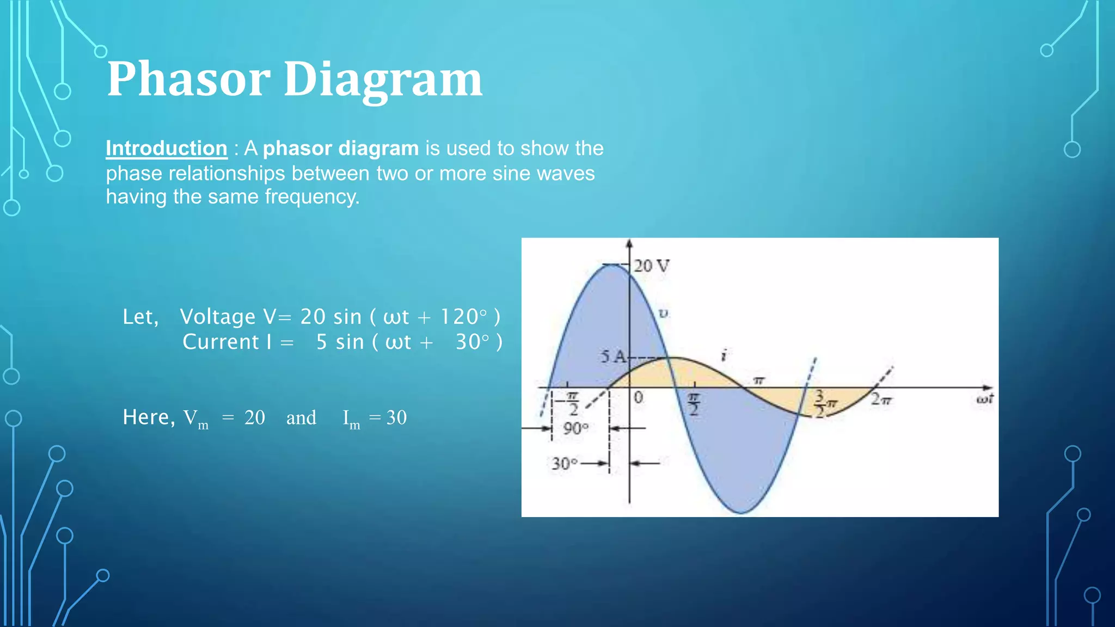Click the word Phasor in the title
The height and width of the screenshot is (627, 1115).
(188, 79)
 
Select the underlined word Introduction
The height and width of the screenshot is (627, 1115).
(167, 148)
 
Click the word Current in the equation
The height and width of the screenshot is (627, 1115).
(220, 342)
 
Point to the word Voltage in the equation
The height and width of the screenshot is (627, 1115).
(217, 317)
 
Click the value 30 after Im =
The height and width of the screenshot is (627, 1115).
(396, 417)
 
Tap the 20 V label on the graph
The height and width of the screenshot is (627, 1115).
(651, 266)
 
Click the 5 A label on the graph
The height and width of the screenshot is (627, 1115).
(613, 357)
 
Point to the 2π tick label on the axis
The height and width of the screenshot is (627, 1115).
(881, 399)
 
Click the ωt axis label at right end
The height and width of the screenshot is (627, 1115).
(984, 399)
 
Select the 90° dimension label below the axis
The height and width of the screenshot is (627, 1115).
(575, 428)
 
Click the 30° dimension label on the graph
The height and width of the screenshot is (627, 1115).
(564, 464)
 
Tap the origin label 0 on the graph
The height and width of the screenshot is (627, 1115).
(639, 398)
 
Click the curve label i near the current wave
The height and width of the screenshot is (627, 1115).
(724, 355)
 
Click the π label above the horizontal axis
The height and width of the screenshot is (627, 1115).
(759, 380)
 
